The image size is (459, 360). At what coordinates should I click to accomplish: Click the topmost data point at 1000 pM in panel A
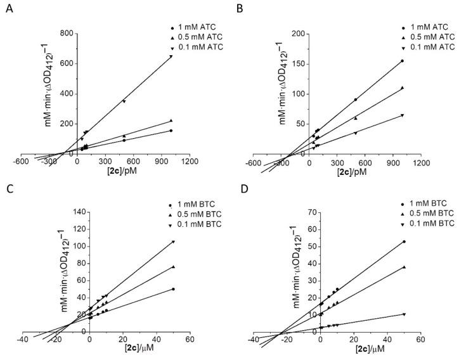[x=171, y=56]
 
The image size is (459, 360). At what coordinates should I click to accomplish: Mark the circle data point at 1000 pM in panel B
[x=402, y=61]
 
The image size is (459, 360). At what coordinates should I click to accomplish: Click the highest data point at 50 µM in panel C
[x=172, y=241]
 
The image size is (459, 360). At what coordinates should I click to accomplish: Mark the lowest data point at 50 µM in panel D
[x=404, y=314]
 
